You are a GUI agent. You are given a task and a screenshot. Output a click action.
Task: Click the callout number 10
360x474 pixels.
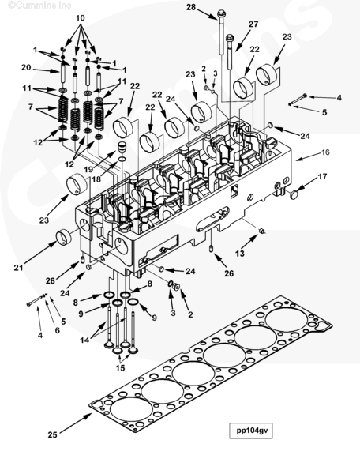tap(80, 18)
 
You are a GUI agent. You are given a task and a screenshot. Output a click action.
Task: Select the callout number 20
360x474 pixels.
tap(26, 67)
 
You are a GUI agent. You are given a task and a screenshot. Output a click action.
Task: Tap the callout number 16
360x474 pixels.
tap(325, 152)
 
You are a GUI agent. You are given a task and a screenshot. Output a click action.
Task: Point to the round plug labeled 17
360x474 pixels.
tap(294, 194)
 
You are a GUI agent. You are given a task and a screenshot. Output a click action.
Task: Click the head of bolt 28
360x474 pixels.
tap(221, 13)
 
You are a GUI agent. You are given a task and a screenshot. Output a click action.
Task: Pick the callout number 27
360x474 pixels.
tap(253, 24)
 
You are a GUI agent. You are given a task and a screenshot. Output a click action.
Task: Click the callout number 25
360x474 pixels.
tap(52, 434)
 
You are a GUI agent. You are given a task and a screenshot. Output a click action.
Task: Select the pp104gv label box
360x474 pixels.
tap(250, 431)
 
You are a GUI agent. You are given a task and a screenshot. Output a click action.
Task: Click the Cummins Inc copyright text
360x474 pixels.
tap(39, 6)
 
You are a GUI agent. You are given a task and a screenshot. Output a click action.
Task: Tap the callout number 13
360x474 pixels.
tap(239, 254)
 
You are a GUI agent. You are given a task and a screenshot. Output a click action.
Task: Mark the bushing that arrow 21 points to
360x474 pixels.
tap(64, 237)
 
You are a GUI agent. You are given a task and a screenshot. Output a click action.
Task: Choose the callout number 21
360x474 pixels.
tap(18, 267)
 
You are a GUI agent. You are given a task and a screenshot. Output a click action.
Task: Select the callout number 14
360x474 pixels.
tap(84, 340)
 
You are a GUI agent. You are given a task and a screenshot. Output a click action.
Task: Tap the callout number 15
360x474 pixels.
tap(120, 368)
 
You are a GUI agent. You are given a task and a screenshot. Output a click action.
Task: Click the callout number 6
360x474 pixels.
tap(58, 330)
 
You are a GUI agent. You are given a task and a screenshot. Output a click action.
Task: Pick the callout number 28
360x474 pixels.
tap(191, 6)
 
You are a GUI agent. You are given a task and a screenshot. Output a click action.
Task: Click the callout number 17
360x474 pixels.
tap(322, 176)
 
